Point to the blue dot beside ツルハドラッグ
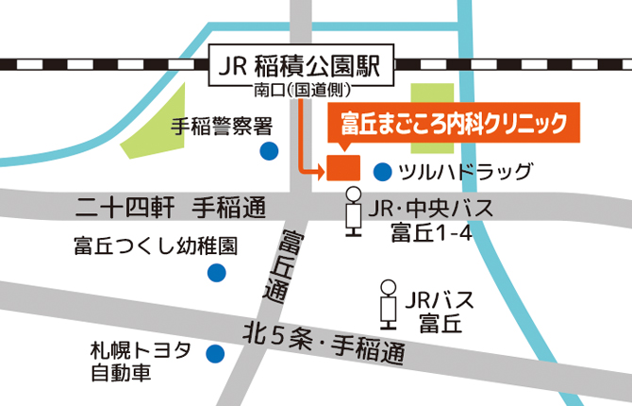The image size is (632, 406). pos(382,172)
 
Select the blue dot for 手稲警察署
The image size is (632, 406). pos(270,150)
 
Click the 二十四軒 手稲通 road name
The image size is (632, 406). pos(171,206)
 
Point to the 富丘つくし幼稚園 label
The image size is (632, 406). pos(156,246)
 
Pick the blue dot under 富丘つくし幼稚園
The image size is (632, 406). pos(217,274)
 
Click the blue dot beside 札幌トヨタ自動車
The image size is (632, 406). pos(215,355)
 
